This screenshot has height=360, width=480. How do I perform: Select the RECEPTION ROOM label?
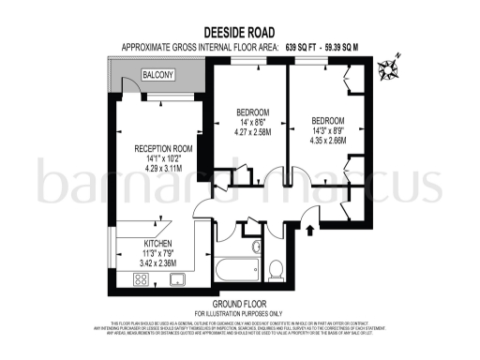point(163,148)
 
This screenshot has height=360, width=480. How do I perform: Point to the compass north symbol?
point(387,67)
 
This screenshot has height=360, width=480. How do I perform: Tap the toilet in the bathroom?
point(277,270)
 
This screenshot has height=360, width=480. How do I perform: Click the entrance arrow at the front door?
point(310,228)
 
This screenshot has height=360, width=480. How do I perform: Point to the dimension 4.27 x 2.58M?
point(253,132)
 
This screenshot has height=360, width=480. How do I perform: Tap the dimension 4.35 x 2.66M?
point(328,142)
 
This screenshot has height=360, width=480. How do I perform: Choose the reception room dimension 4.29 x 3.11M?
point(163,170)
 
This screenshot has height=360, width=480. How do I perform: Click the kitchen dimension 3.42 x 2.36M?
point(131,262)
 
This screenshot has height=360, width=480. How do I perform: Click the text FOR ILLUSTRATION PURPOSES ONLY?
point(238,312)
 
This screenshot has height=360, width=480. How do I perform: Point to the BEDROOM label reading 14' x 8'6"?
point(253,112)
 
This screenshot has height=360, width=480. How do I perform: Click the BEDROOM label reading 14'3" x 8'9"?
point(328,121)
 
